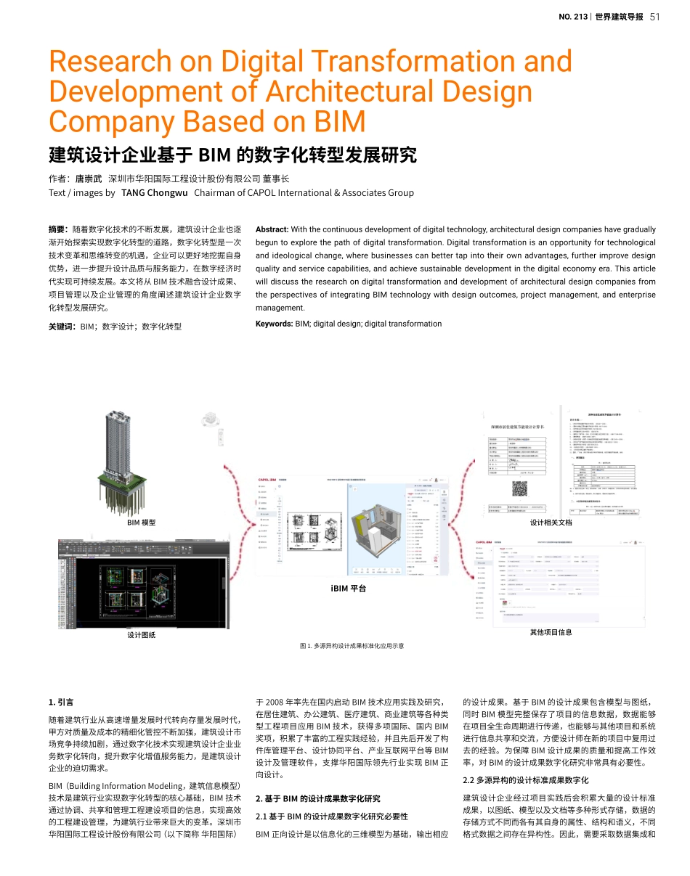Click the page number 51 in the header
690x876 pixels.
point(654,17)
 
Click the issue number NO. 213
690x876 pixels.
point(572,17)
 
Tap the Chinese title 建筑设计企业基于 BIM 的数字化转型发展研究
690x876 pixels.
point(232,155)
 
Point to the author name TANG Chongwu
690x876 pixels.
point(155,193)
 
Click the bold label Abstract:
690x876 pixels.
point(272,229)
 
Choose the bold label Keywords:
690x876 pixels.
point(275,324)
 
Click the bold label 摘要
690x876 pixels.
point(58,229)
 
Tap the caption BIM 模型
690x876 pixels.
point(142,523)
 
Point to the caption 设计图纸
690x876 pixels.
point(142,635)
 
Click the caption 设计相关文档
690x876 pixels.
point(551,523)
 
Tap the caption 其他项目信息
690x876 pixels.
point(551,632)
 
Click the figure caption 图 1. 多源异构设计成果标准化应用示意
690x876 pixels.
point(352,646)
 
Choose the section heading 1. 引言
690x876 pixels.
point(60,702)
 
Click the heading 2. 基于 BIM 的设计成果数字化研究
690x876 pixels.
point(317,799)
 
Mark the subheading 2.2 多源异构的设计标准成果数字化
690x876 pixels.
point(526,780)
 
